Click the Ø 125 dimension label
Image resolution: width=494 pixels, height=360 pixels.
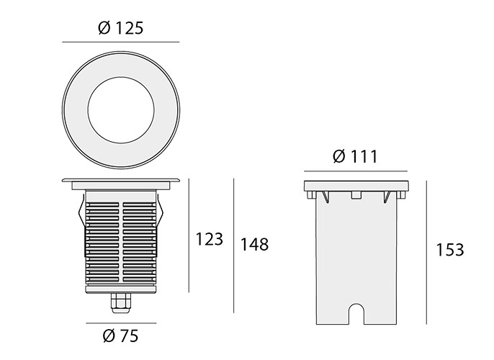(121, 28)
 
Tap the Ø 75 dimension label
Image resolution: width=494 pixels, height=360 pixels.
(121, 336)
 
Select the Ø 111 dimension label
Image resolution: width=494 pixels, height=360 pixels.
(355, 156)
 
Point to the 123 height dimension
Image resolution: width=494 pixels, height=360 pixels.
(209, 239)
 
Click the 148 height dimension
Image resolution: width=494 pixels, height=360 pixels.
(255, 244)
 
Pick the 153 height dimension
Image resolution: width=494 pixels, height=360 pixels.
(450, 250)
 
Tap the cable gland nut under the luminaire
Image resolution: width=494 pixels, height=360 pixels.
(121, 302)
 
